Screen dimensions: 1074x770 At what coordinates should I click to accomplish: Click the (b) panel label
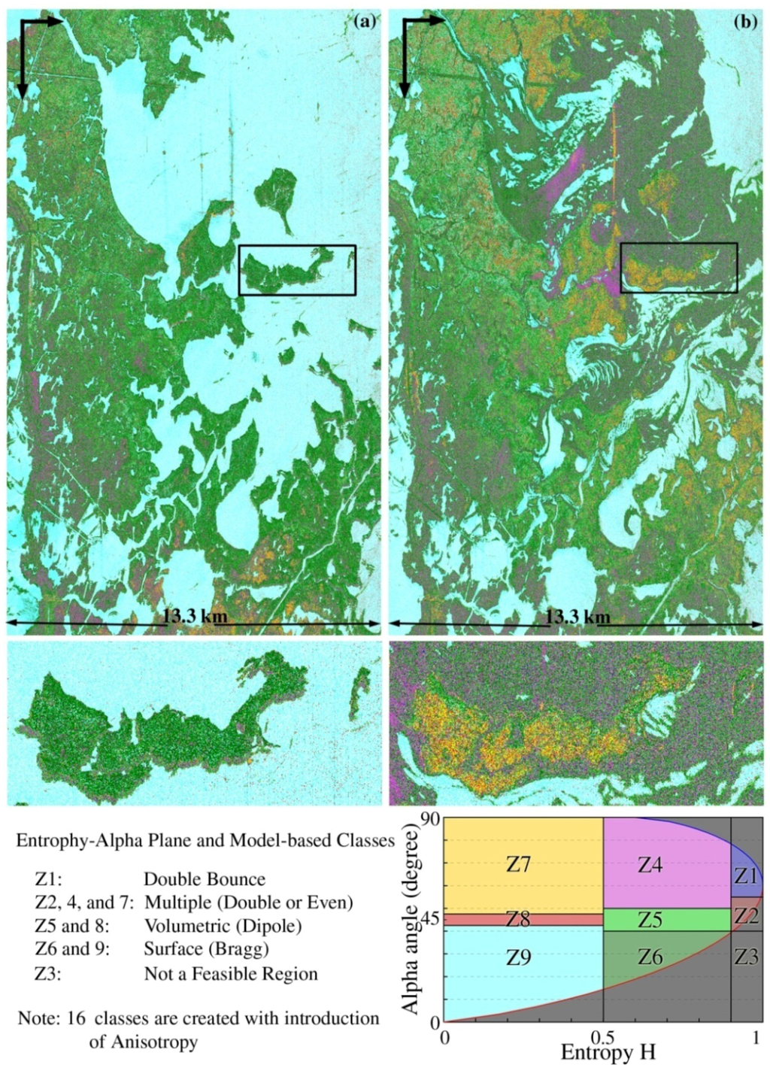[x=745, y=22]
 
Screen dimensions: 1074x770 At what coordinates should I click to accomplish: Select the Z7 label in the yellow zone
[x=519, y=864]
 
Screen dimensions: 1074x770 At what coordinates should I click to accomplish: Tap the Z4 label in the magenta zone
[x=650, y=865]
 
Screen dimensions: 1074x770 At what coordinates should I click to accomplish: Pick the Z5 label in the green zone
[x=650, y=920]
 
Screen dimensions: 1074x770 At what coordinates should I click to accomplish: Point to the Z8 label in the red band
[x=518, y=919]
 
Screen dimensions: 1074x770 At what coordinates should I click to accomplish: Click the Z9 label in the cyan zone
[x=518, y=957]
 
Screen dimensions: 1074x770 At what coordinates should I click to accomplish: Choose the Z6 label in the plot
[x=650, y=957]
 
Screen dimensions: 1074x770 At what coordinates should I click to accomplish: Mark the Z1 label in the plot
[x=746, y=875]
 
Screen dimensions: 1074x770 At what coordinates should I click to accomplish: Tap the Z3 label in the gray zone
[x=746, y=957]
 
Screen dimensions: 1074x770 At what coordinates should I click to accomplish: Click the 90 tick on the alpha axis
[x=429, y=820]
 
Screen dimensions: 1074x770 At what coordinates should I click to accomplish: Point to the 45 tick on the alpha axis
[x=429, y=921]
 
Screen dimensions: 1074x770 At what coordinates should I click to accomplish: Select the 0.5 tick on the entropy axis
[x=603, y=1038]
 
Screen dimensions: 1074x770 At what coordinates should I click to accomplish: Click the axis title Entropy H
[x=608, y=1053]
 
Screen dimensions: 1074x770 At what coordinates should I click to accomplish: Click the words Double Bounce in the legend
[x=205, y=879]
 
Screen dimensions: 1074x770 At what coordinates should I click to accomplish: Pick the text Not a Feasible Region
[x=231, y=974]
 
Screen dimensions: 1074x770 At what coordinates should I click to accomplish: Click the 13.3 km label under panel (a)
[x=194, y=617]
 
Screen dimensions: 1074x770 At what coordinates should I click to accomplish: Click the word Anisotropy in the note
[x=144, y=1042]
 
